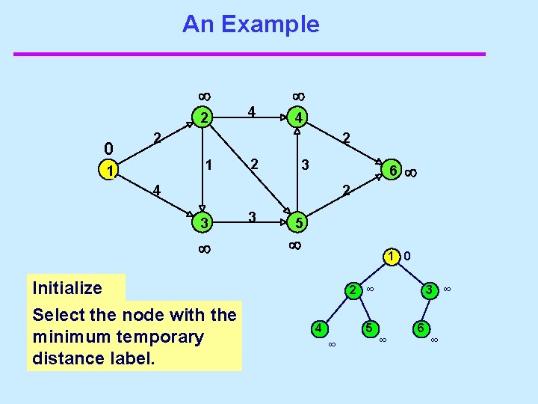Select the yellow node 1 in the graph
click(110, 171)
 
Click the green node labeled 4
click(297, 117)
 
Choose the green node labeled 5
click(297, 222)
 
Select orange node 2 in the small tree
click(350, 290)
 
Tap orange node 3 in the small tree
click(429, 290)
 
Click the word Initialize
click(67, 288)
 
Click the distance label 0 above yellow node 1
click(109, 148)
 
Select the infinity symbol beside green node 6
click(410, 173)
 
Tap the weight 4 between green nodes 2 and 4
click(253, 111)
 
